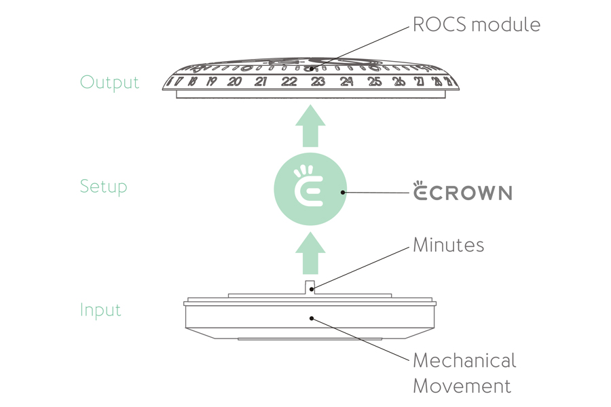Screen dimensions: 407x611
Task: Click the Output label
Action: coord(109,82)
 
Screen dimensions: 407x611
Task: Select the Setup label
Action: coord(103,187)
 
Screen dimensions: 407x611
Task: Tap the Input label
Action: coord(100,310)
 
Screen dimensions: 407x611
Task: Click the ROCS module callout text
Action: coord(477,25)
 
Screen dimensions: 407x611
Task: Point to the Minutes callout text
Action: coord(448,245)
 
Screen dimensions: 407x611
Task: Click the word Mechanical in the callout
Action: coord(464,360)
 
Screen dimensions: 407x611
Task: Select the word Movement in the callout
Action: coord(462,387)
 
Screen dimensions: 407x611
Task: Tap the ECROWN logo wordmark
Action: coord(462,192)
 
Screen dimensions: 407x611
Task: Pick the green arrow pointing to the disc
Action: coord(310,127)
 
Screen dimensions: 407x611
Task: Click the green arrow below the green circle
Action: coord(310,252)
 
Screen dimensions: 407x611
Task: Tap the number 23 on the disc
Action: coord(318,82)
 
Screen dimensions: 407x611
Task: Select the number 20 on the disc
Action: coord(234,82)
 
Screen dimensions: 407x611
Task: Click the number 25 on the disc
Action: coord(375,82)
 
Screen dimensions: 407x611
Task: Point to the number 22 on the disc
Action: coord(289,82)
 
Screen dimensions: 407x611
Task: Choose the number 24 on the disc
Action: coord(347,82)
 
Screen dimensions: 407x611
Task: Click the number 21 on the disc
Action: coord(261,82)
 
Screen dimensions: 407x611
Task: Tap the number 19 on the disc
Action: coord(211,82)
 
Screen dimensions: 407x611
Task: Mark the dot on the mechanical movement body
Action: coord(312,317)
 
